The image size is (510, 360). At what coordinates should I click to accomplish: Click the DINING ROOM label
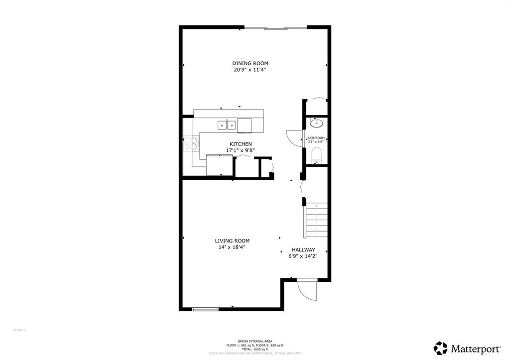pyautogui.click(x=250, y=63)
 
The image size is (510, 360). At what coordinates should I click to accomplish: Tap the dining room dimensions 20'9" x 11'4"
pyautogui.click(x=250, y=70)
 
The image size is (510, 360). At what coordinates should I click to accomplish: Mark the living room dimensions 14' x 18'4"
pyautogui.click(x=232, y=247)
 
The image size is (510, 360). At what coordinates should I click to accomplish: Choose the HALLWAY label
pyautogui.click(x=303, y=250)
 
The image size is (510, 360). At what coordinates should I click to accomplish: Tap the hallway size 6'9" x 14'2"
pyautogui.click(x=303, y=256)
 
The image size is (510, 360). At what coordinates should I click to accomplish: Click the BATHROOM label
pyautogui.click(x=316, y=138)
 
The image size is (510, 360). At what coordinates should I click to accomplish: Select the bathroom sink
pyautogui.click(x=316, y=122)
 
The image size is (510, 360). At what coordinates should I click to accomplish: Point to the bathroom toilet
pyautogui.click(x=316, y=155)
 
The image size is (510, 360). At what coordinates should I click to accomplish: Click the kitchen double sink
pyautogui.click(x=227, y=125)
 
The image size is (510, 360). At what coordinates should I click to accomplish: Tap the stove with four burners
pyautogui.click(x=190, y=143)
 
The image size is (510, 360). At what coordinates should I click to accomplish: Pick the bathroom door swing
pyautogui.click(x=294, y=138)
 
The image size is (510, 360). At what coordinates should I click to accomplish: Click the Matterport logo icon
pyautogui.click(x=440, y=348)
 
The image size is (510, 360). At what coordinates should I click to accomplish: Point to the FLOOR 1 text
pyautogui.click(x=19, y=330)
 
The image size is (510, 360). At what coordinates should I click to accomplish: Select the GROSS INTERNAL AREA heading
pyautogui.click(x=255, y=341)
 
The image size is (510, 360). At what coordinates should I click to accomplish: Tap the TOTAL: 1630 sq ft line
pyautogui.click(x=255, y=349)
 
